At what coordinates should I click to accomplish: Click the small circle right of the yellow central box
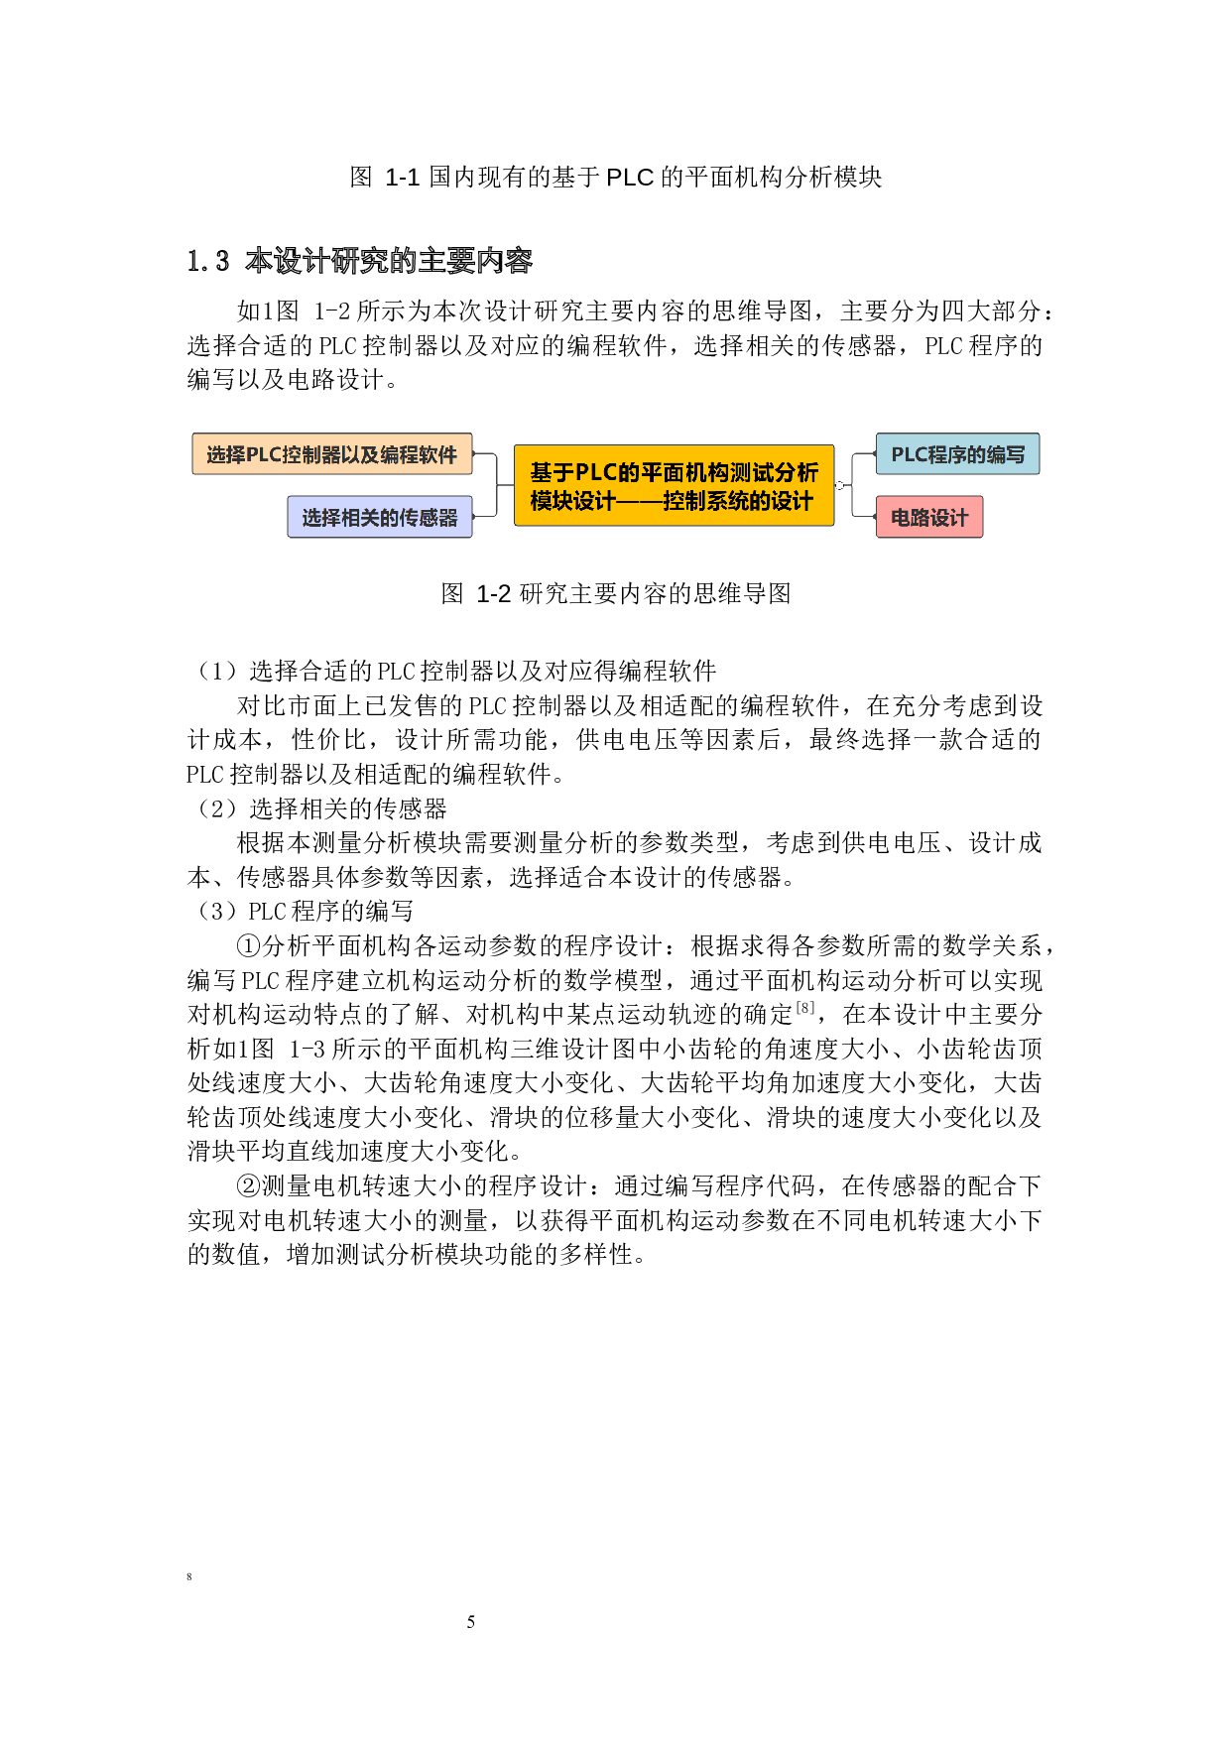click(840, 485)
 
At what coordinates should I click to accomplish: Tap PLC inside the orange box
click(264, 454)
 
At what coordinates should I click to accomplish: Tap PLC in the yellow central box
click(595, 472)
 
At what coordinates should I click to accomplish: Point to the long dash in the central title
click(640, 501)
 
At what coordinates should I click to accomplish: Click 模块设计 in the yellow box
click(572, 501)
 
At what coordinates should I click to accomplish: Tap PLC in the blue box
click(909, 454)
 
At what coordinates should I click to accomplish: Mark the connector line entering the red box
click(863, 516)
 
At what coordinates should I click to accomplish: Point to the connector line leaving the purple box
click(485, 516)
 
